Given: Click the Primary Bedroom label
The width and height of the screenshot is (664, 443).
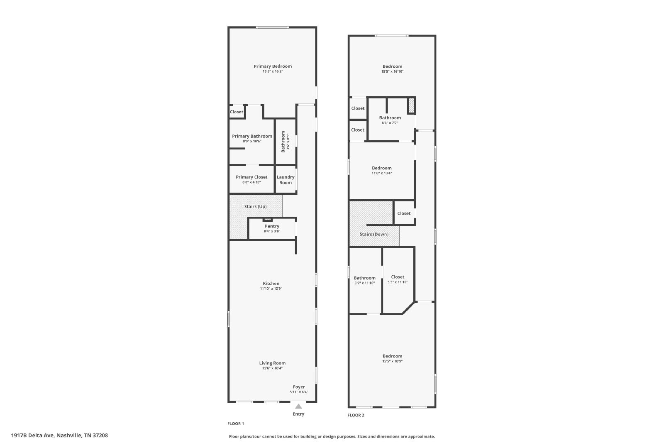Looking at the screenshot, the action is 272,66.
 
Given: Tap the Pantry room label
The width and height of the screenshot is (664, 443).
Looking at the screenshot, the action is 272,226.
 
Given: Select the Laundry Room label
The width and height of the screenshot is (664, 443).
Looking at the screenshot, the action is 286,180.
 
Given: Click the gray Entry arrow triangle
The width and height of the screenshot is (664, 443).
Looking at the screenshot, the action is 298,406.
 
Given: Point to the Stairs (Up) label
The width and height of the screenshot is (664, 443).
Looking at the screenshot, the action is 255,206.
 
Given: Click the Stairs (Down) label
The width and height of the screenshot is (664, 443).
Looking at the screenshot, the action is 374,234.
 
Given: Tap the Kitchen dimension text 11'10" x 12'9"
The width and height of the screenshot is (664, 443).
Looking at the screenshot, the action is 271,289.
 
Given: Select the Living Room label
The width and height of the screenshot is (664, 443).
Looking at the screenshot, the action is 272,363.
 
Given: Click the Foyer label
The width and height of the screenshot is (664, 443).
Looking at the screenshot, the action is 299,387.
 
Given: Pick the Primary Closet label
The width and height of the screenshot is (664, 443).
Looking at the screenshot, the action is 251,177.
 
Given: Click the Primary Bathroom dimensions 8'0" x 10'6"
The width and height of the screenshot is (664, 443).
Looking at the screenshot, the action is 252,141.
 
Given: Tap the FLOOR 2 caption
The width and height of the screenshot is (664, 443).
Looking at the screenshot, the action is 356,415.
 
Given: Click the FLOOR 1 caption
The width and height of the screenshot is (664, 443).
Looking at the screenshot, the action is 236,424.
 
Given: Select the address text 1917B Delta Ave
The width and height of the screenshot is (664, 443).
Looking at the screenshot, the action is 33,435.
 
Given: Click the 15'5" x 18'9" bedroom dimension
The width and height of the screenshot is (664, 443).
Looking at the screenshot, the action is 392,361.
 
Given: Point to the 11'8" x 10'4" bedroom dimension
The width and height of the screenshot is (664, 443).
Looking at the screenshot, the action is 381,173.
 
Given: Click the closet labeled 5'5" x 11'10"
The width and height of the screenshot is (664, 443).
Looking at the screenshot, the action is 398,277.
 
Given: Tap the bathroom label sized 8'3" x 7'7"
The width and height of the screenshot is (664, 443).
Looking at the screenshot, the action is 390,118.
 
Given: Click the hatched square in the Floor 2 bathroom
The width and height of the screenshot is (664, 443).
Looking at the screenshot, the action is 411,105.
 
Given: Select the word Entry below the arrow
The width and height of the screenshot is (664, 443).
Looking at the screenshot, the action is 298,414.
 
